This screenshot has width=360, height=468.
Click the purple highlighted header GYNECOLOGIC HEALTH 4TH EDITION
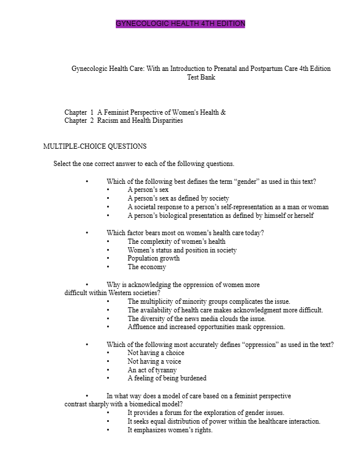(x=180, y=24)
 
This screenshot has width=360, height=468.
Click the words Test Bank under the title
(x=201, y=77)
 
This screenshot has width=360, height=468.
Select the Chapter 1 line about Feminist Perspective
(x=145, y=112)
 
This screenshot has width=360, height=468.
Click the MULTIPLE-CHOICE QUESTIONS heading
(x=95, y=146)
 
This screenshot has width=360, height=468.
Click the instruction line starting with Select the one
(x=144, y=164)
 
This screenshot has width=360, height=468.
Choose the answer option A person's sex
(x=148, y=190)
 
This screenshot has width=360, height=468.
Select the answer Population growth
(x=154, y=258)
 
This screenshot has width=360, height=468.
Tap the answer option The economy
(x=147, y=267)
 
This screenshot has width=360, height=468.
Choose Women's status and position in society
(x=182, y=250)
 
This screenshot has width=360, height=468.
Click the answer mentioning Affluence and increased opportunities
(x=206, y=327)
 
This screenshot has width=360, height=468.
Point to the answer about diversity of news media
(x=196, y=318)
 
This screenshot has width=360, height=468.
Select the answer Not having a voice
(x=154, y=361)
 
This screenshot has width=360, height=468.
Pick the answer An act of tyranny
(x=152, y=370)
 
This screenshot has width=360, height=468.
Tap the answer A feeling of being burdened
(x=167, y=378)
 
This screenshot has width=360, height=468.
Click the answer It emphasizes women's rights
(x=170, y=429)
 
